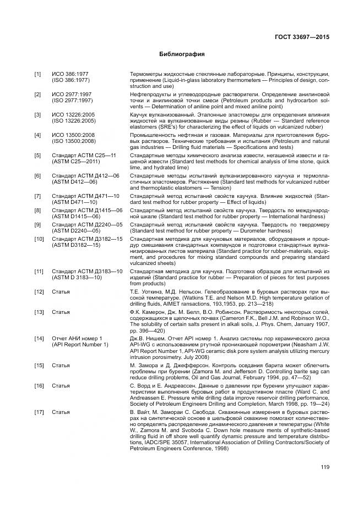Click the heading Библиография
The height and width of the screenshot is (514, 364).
pos(182,54)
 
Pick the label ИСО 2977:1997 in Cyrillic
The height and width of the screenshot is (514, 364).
pos(72,95)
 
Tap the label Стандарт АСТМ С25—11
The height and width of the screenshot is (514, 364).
pos(84,156)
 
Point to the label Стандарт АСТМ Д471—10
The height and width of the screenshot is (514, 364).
pos(85,196)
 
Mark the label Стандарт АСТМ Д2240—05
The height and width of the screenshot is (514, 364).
pos(87,224)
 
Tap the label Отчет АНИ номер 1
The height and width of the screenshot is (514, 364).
pos(77,353)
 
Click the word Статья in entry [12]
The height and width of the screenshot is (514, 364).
pos(61,291)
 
